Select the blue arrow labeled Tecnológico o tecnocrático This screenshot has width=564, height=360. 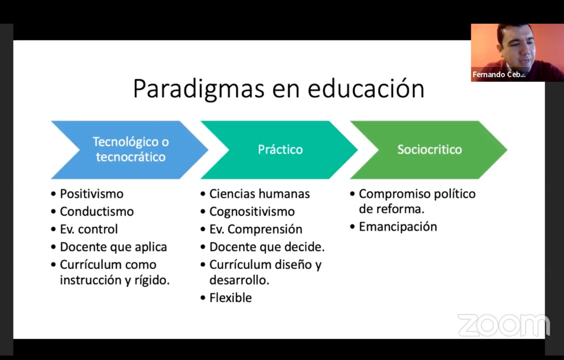(x=130, y=150)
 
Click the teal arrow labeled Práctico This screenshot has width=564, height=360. (x=279, y=150)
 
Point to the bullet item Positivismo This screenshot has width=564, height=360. (x=92, y=194)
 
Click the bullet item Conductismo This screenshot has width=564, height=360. (x=96, y=212)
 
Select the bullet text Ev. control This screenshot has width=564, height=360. (x=89, y=229)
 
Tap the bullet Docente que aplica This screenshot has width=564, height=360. (x=113, y=247)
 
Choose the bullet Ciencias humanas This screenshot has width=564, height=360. (x=260, y=194)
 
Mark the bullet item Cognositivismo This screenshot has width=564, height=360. (x=252, y=212)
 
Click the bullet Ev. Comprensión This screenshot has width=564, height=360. (x=256, y=229)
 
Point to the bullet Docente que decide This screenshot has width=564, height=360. (x=267, y=247)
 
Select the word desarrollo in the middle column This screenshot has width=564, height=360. (x=239, y=280)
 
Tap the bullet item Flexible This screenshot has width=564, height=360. (x=230, y=297)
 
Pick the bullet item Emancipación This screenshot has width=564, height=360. (x=398, y=227)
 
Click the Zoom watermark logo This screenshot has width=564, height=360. (x=504, y=325)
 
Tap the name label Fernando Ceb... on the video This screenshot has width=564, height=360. (x=499, y=74)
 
